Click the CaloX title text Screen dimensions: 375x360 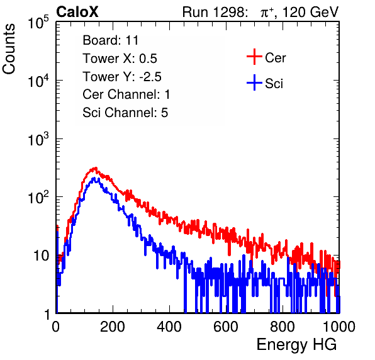(77, 12)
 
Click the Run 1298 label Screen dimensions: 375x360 (214, 12)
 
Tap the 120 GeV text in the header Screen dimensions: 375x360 (311, 12)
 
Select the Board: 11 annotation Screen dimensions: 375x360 (111, 40)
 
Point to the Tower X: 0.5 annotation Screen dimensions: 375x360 (120, 59)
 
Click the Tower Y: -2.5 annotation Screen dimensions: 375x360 (122, 77)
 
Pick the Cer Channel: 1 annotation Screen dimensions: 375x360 (126, 94)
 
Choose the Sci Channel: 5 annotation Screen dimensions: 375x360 (125, 113)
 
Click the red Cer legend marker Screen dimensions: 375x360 (254, 57)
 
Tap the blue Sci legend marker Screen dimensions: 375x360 (254, 83)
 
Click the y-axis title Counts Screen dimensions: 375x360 (9, 49)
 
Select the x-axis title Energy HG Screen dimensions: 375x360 (296, 345)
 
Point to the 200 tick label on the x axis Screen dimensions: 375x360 (113, 327)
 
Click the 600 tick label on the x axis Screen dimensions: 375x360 (226, 327)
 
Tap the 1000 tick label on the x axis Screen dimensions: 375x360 (339, 327)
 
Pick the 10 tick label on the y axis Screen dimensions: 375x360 (42, 256)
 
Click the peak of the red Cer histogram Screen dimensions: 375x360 (96, 167)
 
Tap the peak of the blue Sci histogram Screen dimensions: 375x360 (94, 178)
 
